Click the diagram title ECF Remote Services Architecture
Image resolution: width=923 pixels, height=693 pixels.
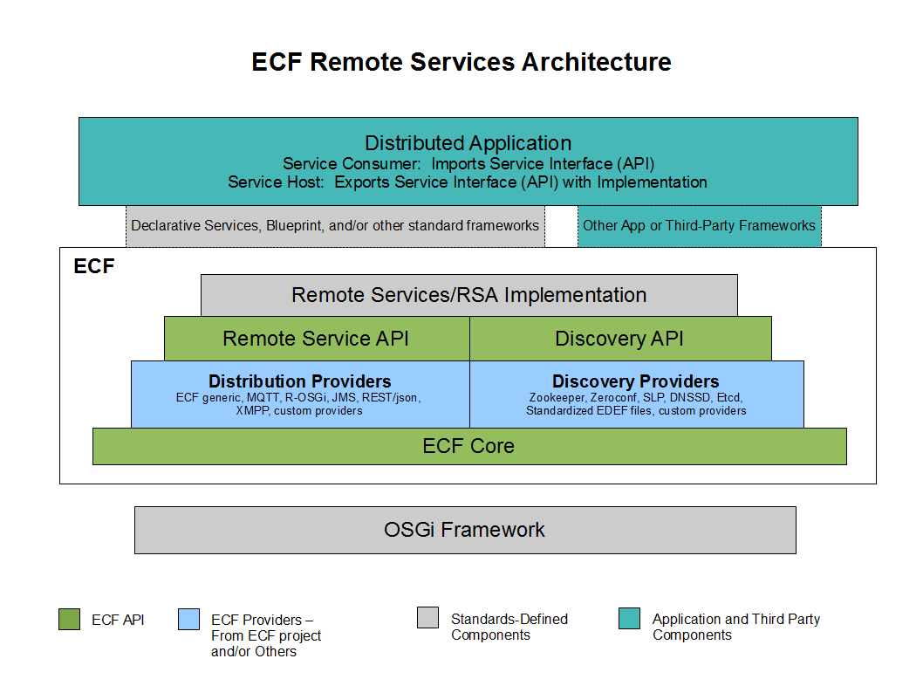tap(461, 62)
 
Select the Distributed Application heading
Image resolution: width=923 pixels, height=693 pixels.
tap(468, 143)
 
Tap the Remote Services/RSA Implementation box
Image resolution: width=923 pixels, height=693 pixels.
tap(469, 295)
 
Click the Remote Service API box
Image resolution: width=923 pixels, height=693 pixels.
tap(317, 339)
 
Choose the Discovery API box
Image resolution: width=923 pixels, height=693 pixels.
tap(620, 339)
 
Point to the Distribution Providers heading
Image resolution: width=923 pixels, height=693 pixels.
tap(299, 381)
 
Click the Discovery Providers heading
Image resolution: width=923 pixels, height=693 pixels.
tap(636, 381)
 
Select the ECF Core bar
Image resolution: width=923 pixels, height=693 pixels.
tap(469, 446)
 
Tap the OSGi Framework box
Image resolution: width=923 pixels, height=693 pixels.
tap(465, 530)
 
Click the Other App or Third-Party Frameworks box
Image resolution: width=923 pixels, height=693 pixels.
tap(700, 226)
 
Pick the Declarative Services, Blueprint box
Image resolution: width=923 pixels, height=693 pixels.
tap(335, 226)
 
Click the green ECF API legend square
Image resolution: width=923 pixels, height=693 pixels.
tap(70, 620)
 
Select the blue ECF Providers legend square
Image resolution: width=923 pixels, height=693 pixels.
tap(189, 620)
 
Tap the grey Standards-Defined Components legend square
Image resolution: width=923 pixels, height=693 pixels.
tap(428, 618)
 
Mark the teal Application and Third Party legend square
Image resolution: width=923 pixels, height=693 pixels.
tap(629, 618)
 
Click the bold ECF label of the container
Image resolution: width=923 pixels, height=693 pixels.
tap(94, 266)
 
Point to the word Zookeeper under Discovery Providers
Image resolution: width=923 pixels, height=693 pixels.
tap(557, 397)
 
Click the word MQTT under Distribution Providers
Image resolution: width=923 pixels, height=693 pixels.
tap(263, 397)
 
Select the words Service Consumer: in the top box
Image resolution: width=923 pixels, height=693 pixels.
tap(352, 164)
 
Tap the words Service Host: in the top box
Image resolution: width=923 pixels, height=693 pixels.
tap(276, 182)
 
